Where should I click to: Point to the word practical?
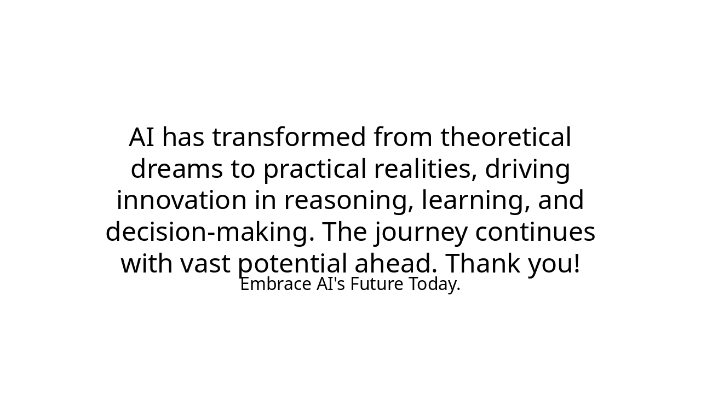(x=315, y=169)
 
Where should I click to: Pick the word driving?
(x=527, y=169)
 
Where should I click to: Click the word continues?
(x=535, y=232)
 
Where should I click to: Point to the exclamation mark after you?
(x=576, y=264)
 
